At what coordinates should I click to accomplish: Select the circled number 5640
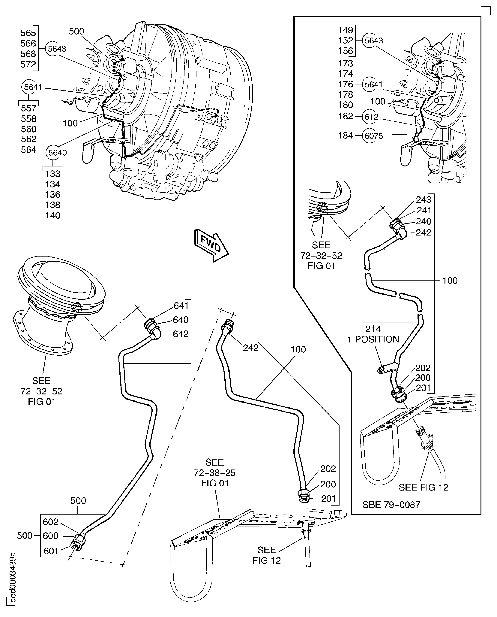(57, 153)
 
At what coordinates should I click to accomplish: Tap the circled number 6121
(374, 117)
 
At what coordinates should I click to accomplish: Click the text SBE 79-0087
(391, 505)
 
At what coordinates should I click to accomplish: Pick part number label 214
(373, 329)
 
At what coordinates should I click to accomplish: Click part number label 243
(424, 199)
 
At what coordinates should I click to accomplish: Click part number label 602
(51, 522)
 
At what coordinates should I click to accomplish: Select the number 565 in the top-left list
(28, 33)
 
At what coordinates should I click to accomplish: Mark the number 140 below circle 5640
(53, 215)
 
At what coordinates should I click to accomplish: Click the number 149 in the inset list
(346, 30)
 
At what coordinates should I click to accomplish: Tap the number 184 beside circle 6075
(346, 135)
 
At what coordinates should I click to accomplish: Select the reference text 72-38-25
(214, 473)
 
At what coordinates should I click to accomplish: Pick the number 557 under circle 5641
(29, 108)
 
